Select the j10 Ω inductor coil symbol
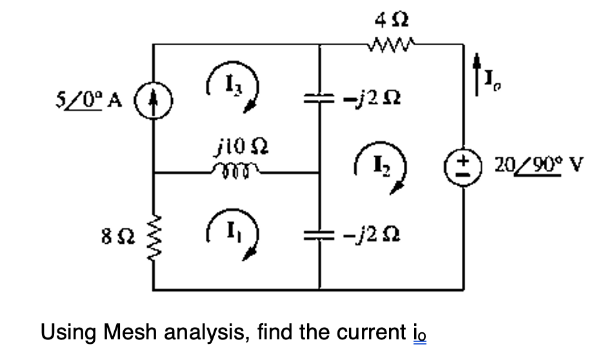pyautogui.click(x=235, y=172)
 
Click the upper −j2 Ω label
pyautogui.click(x=369, y=98)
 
